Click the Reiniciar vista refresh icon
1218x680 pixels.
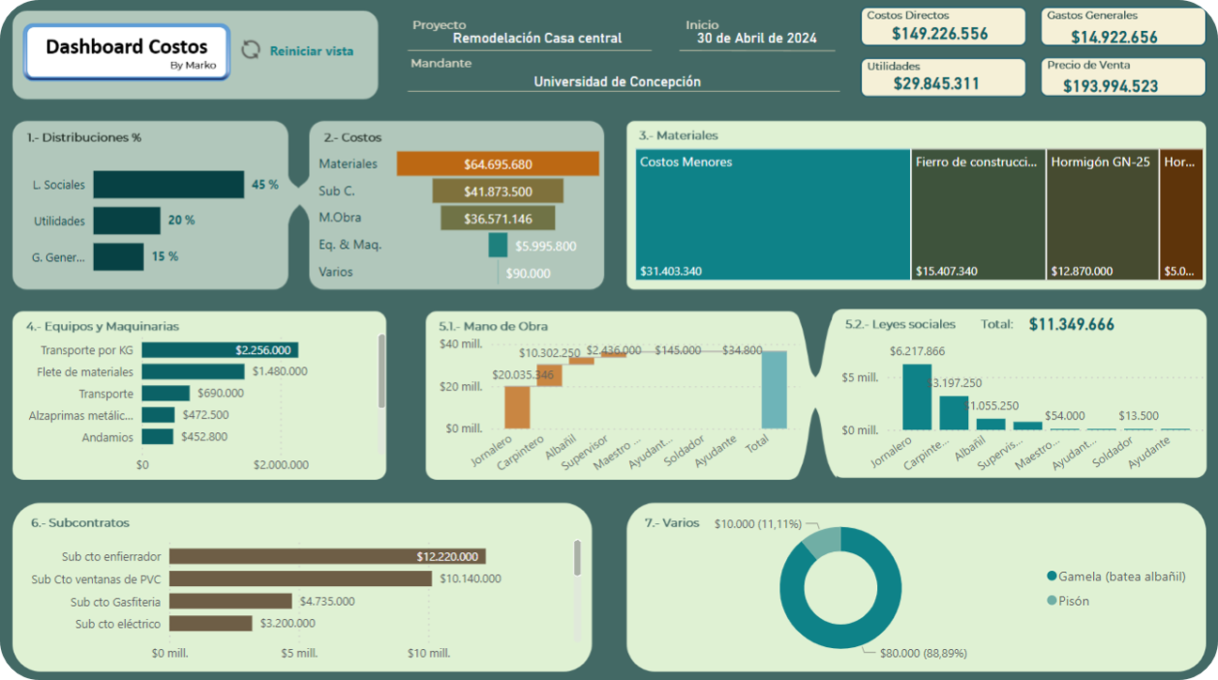(251, 50)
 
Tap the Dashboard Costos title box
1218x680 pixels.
(127, 52)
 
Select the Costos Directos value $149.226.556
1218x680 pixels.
(940, 34)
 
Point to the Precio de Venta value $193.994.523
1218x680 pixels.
(1123, 85)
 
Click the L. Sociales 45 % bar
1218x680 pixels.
(169, 185)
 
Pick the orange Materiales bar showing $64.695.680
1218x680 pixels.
(498, 164)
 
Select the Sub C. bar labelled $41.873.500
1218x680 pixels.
(498, 192)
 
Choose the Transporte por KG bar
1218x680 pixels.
(220, 350)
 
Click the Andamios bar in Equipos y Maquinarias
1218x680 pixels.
(158, 437)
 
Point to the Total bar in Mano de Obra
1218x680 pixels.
(775, 390)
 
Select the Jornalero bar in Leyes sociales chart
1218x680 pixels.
(916, 397)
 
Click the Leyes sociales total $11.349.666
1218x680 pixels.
(1072, 325)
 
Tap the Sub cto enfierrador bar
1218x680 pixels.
(327, 557)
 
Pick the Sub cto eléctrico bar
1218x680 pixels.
(210, 624)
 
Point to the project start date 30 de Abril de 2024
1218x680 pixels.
(756, 39)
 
